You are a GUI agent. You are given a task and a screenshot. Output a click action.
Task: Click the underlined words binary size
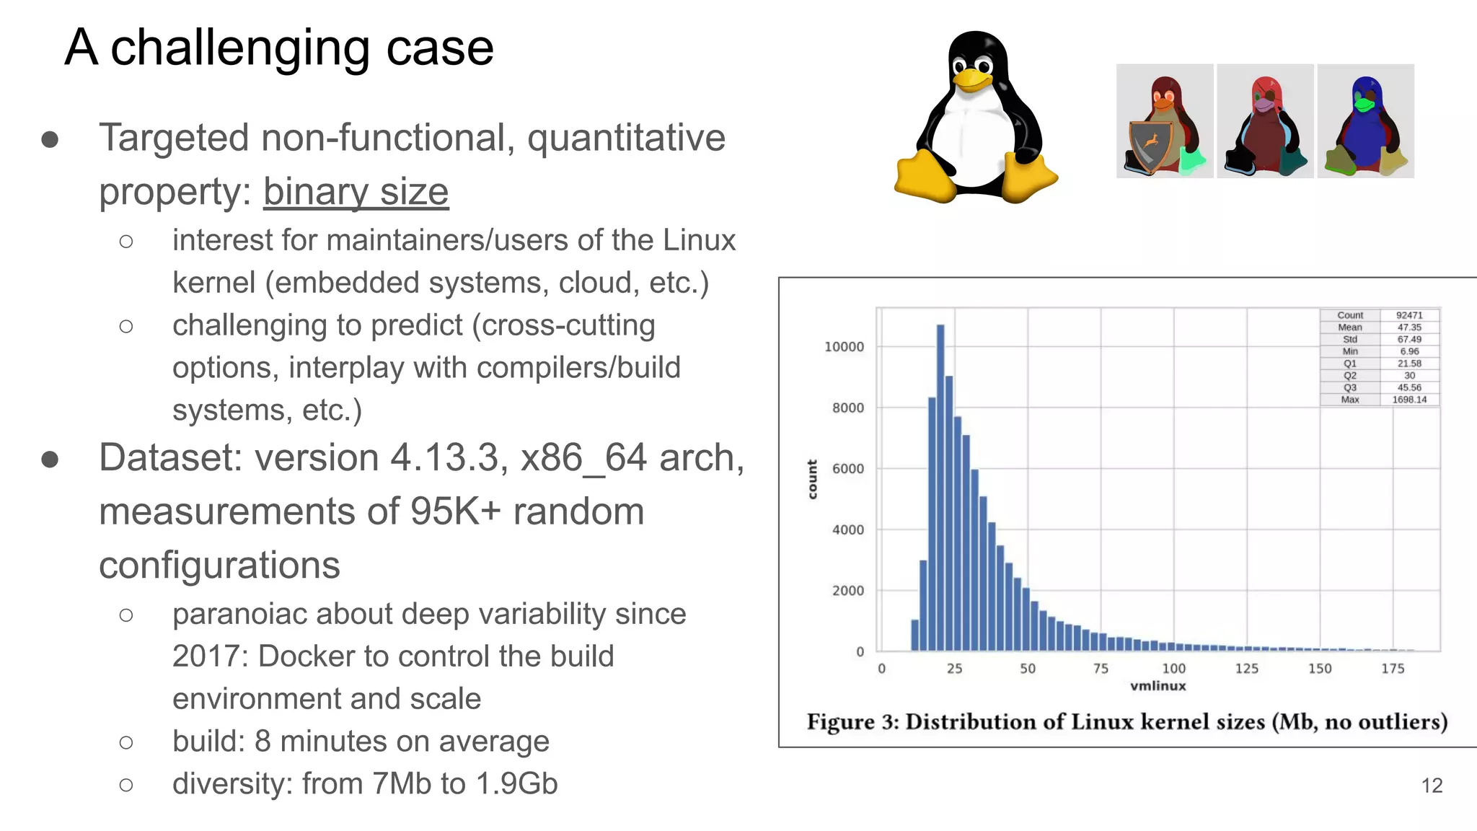tap(356, 192)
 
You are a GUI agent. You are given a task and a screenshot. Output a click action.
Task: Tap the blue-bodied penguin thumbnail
tap(1365, 121)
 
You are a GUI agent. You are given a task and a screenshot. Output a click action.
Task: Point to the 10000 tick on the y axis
tap(844, 347)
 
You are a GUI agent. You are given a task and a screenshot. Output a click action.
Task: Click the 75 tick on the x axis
tap(1101, 669)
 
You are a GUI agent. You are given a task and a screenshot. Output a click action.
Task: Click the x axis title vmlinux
tap(1158, 686)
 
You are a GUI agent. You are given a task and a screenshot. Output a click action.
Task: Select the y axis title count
tap(812, 479)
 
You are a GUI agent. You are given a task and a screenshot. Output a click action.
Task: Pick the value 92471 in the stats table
tap(1409, 315)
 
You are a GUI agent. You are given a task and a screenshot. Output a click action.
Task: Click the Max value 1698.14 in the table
tap(1409, 400)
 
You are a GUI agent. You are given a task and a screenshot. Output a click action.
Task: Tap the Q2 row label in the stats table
tap(1349, 375)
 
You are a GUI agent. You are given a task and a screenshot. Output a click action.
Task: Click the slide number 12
tap(1432, 786)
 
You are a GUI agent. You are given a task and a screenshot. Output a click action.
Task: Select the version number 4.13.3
tap(445, 458)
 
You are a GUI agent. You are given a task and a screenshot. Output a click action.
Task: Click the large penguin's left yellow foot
tap(923, 177)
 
